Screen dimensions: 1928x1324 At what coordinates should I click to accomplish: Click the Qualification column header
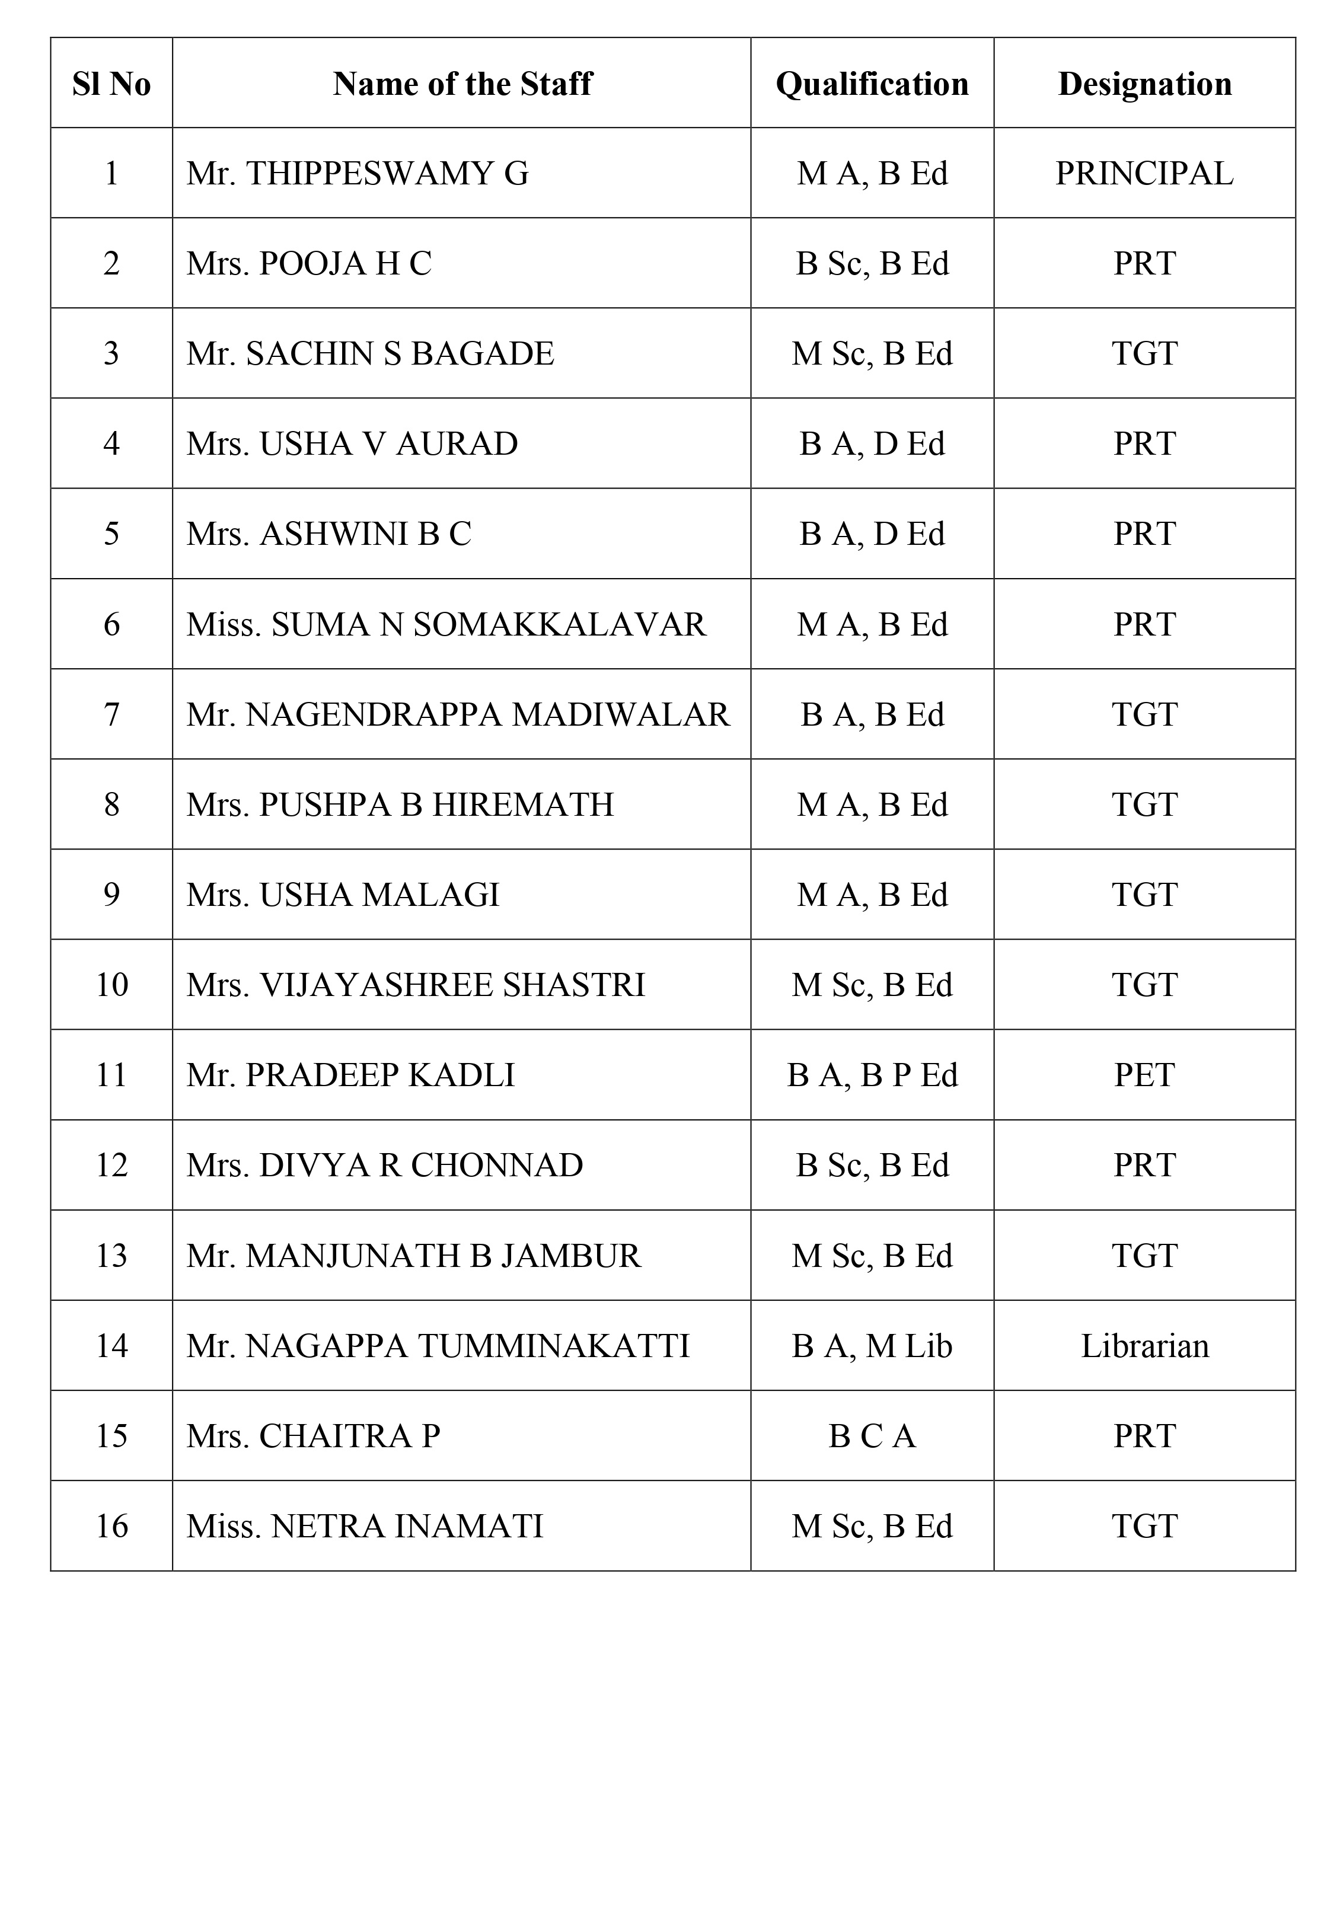click(x=872, y=84)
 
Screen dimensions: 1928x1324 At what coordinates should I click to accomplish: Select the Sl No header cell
click(x=111, y=84)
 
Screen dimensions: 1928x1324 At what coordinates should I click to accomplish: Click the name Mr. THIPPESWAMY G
click(x=357, y=173)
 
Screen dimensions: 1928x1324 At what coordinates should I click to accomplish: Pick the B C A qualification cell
click(x=872, y=1436)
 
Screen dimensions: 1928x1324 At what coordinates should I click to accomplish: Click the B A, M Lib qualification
click(x=872, y=1346)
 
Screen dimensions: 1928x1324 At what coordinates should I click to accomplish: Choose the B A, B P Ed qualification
click(x=872, y=1075)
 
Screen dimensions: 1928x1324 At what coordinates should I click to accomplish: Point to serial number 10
click(x=111, y=985)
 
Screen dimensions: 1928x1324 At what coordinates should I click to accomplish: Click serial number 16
click(x=111, y=1527)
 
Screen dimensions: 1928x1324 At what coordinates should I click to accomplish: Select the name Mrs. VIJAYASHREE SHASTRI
click(x=415, y=985)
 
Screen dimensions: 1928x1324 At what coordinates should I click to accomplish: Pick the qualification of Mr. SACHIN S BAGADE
click(x=872, y=353)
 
